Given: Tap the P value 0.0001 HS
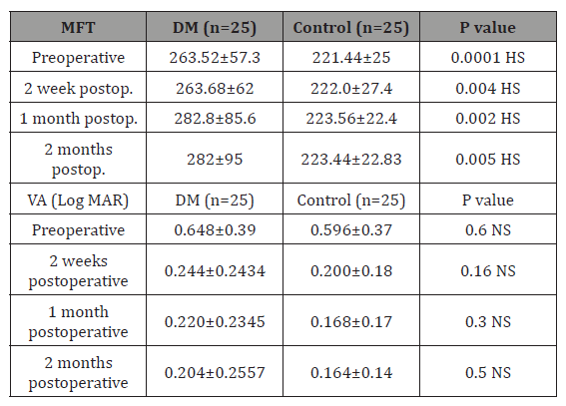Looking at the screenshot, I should [x=484, y=59].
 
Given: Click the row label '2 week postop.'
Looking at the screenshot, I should [x=78, y=89].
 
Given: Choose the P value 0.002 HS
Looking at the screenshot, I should [x=484, y=119].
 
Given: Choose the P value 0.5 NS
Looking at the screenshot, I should [x=484, y=372].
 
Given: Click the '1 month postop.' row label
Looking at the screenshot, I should [x=78, y=119].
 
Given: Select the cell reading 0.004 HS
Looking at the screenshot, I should [x=484, y=89].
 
